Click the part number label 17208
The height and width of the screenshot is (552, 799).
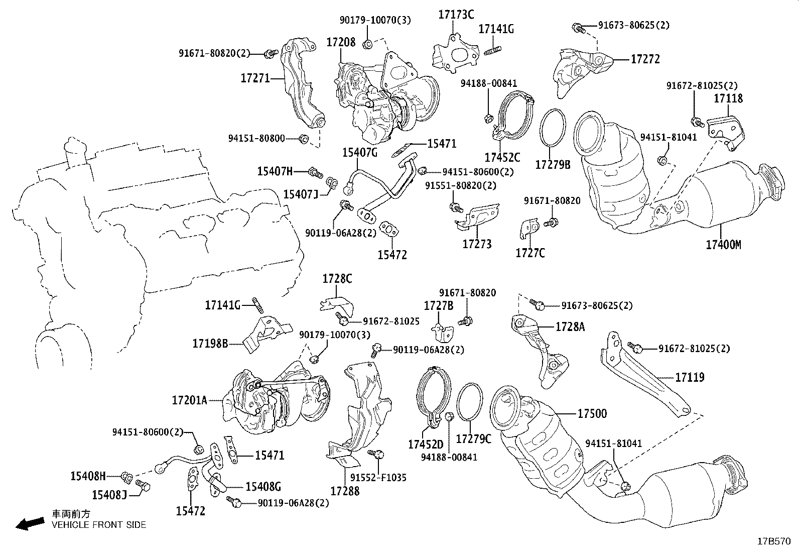point(341,42)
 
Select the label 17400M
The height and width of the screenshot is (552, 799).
point(723,245)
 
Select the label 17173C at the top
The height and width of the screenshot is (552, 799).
point(455,14)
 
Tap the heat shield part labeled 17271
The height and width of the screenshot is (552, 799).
point(301,85)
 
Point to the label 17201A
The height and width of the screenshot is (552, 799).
point(189,400)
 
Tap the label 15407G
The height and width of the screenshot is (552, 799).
point(359,152)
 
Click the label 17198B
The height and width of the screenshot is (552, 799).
point(210,344)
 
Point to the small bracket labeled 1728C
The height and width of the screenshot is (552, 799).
point(336,303)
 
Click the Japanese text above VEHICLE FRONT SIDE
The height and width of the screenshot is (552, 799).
point(72,514)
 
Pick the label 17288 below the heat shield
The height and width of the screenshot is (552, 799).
point(345,491)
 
